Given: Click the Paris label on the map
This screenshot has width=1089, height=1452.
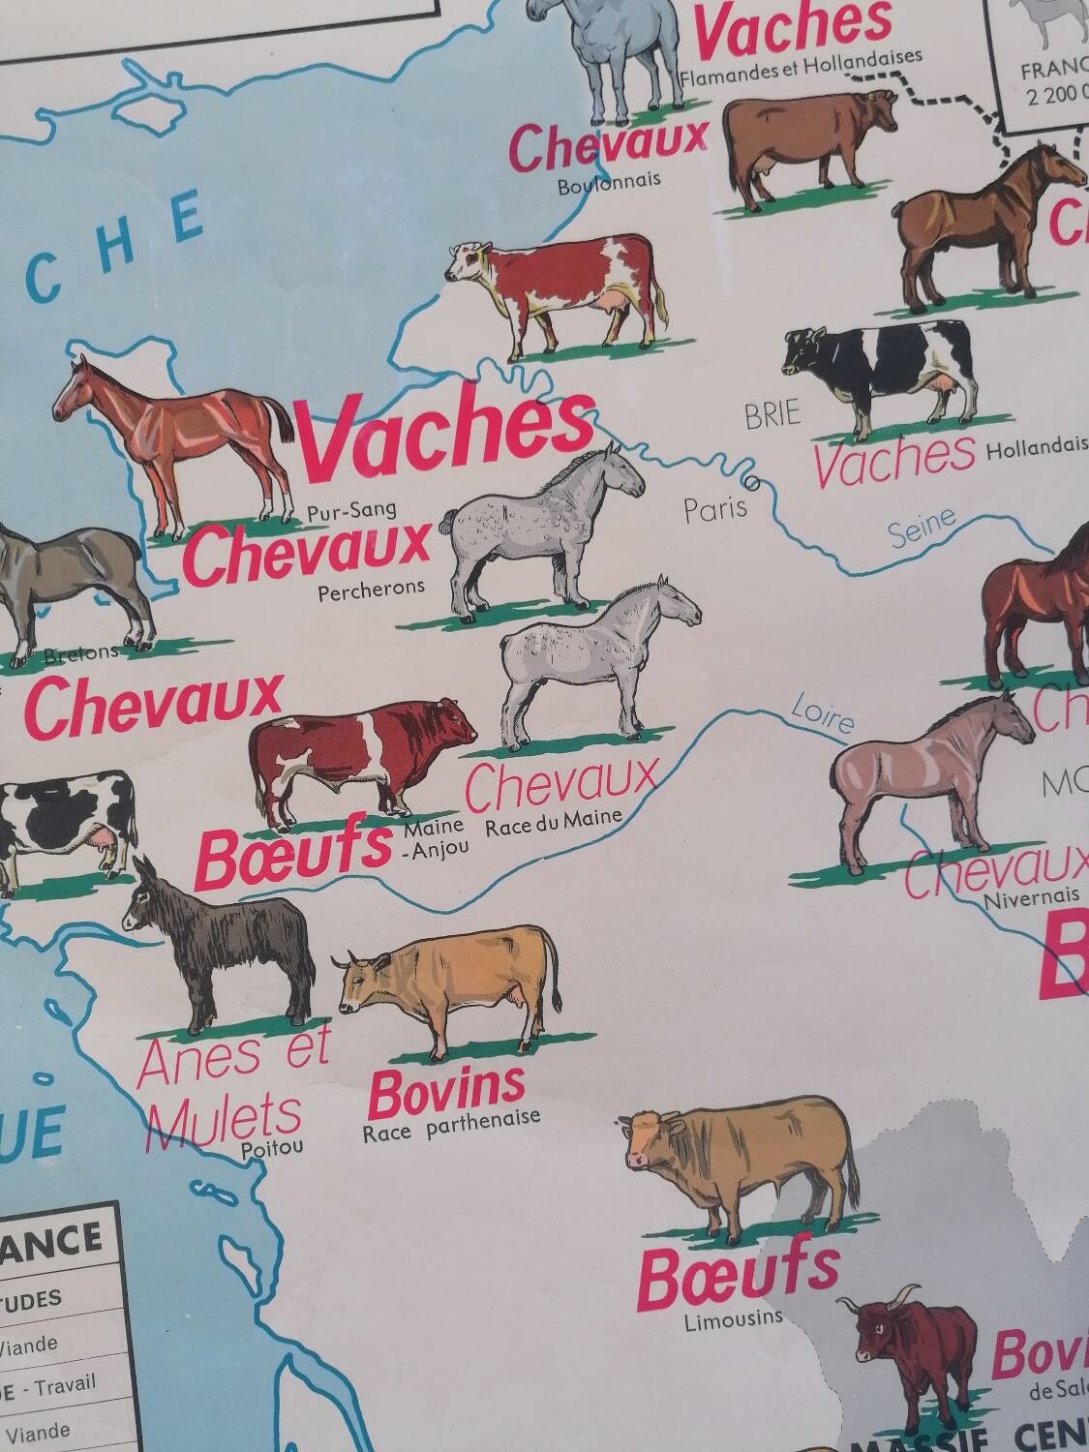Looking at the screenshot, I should click(x=715, y=508).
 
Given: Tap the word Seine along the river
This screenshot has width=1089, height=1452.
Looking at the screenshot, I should click(x=921, y=529).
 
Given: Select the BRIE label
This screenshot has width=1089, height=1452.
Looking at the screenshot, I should click(x=772, y=414).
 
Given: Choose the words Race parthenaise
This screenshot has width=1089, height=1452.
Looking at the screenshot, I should click(x=451, y=1125).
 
